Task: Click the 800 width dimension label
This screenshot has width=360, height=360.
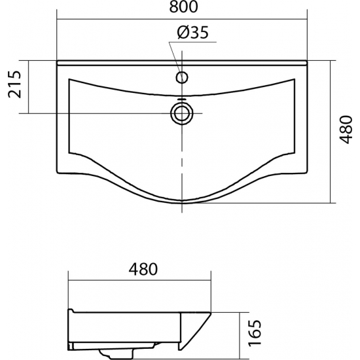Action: pyautogui.click(x=183, y=7)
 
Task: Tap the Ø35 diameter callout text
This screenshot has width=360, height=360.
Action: pyautogui.click(x=193, y=32)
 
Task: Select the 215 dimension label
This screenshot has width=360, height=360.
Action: pyautogui.click(x=14, y=84)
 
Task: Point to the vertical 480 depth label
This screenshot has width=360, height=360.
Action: pyautogui.click(x=346, y=130)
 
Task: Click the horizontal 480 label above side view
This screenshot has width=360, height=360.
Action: pyautogui.click(x=143, y=269)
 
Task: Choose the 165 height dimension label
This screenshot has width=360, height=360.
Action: pyautogui.click(x=255, y=333)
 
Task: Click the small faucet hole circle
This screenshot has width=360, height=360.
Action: pyautogui.click(x=182, y=77)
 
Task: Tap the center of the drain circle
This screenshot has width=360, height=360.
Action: pyautogui.click(x=182, y=113)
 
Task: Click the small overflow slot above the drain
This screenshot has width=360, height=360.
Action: pyautogui.click(x=182, y=99)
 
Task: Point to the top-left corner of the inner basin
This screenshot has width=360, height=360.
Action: pyautogui.click(x=69, y=79)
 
